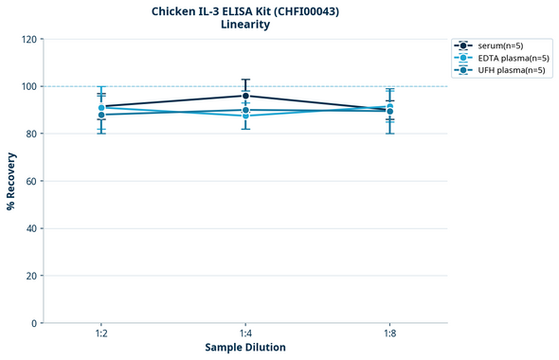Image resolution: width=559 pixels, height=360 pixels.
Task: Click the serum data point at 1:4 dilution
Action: click(x=245, y=96)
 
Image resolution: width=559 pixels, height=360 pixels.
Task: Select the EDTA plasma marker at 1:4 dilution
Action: click(x=245, y=116)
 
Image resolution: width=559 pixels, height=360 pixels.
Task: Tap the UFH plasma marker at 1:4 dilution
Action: click(x=245, y=110)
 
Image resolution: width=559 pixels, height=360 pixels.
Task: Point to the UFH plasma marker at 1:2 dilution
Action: click(x=101, y=115)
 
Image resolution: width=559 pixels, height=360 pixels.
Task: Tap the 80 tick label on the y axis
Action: click(x=31, y=134)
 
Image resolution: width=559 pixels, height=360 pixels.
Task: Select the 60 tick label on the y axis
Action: click(x=31, y=181)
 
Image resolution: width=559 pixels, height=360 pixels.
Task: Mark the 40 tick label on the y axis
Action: click(x=31, y=228)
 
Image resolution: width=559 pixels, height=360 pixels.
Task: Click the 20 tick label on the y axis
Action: click(x=31, y=276)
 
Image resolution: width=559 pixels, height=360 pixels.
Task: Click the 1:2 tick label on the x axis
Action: click(x=101, y=333)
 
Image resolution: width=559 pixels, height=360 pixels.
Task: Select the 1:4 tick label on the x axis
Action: click(x=245, y=333)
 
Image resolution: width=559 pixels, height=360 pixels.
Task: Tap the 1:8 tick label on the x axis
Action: click(x=389, y=333)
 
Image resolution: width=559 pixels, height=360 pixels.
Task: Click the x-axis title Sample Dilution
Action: click(x=245, y=348)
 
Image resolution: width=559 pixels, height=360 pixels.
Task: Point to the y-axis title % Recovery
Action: click(x=11, y=181)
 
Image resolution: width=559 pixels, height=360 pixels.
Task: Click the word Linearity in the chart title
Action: click(x=245, y=25)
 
